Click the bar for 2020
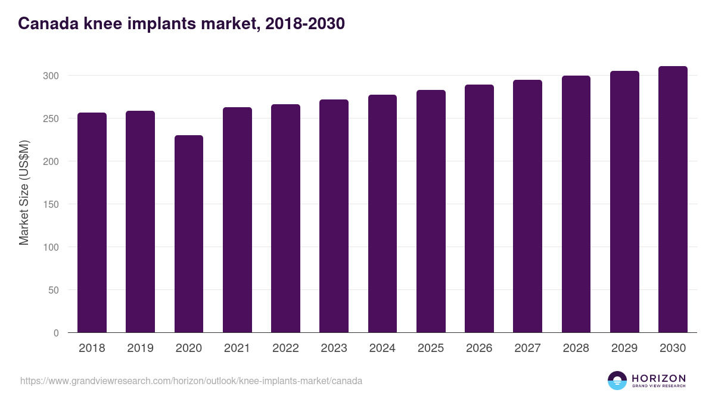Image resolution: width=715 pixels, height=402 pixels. click(188, 234)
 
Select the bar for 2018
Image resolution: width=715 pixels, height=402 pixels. click(92, 223)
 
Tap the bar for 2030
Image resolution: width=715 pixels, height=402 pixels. click(673, 200)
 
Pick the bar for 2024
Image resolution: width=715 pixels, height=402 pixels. click(383, 214)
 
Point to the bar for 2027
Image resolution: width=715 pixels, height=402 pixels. click(527, 206)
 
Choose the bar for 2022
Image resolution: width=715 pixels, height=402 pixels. click(285, 219)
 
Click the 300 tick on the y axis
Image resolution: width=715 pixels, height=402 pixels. click(52, 76)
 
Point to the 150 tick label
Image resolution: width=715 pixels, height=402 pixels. click(52, 204)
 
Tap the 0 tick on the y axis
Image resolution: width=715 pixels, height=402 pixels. click(56, 333)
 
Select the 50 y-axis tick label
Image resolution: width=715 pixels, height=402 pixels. click(54, 290)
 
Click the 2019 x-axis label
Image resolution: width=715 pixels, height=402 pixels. click(140, 348)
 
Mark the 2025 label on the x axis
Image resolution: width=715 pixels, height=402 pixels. click(431, 348)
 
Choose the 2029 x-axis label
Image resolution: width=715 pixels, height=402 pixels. click(624, 348)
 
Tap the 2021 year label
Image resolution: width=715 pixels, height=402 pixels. click(237, 348)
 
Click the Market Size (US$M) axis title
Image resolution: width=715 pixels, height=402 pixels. click(24, 192)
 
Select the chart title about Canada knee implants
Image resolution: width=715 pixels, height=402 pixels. click(181, 24)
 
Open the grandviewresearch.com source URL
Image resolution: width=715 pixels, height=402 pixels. click(191, 381)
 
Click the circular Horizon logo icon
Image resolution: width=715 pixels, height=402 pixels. click(617, 381)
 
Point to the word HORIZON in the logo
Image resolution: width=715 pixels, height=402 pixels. click(658, 378)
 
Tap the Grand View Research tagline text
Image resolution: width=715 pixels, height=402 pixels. click(658, 387)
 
